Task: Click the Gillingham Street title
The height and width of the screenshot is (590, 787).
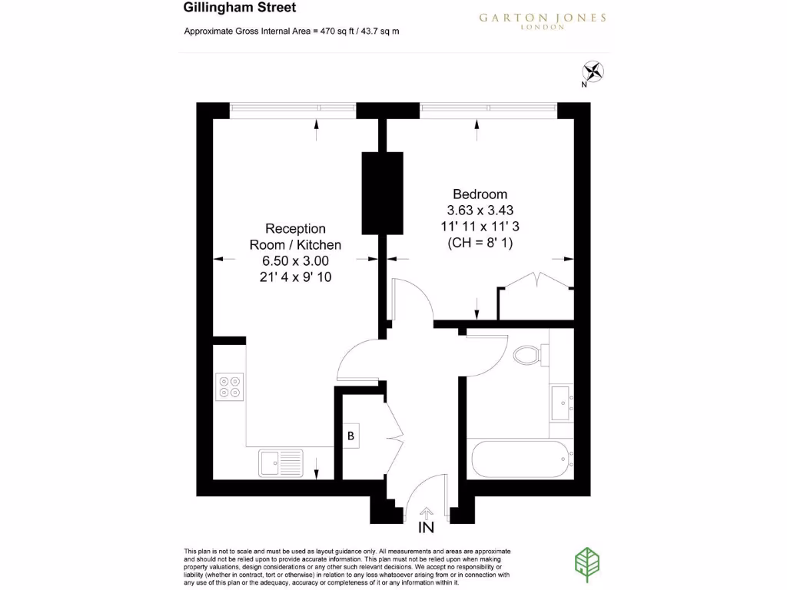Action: [228, 8]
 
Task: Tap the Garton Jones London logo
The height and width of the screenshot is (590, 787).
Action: [542, 20]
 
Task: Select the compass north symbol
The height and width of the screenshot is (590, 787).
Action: [593, 72]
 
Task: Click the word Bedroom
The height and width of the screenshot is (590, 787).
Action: [480, 194]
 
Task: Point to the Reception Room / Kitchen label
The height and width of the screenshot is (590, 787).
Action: [295, 237]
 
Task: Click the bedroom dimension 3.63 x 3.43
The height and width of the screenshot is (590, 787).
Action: [480, 210]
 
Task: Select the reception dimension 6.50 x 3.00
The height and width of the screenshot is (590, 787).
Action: [295, 261]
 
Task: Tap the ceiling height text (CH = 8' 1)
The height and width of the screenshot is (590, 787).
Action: [480, 243]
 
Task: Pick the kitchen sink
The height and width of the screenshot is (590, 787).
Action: [281, 463]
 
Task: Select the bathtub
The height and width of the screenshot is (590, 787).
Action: [521, 459]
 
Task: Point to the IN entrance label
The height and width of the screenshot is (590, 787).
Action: [426, 528]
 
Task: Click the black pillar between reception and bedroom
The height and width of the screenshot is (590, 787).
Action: [383, 192]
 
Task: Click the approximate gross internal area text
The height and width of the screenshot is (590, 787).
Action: [291, 31]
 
